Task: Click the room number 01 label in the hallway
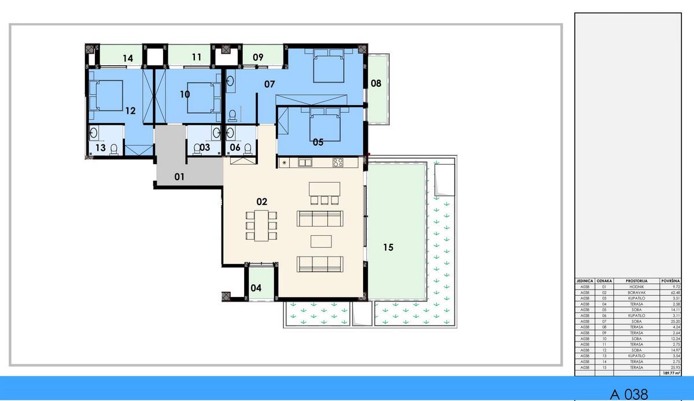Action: point(179,177)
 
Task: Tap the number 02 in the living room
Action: point(261,202)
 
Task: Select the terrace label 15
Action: point(388,247)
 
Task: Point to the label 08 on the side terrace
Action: point(376,83)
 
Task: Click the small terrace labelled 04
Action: point(256,288)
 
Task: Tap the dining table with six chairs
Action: point(261,225)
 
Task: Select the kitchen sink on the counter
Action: point(305,163)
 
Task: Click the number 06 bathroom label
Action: point(235,147)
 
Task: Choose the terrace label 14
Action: point(128,58)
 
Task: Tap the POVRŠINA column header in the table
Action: point(671,280)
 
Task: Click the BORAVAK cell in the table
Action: point(636,292)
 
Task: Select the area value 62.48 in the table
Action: point(671,292)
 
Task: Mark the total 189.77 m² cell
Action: point(670,373)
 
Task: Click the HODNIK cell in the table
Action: point(636,287)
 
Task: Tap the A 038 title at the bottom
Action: point(629,394)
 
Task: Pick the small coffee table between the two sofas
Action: point(322,241)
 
